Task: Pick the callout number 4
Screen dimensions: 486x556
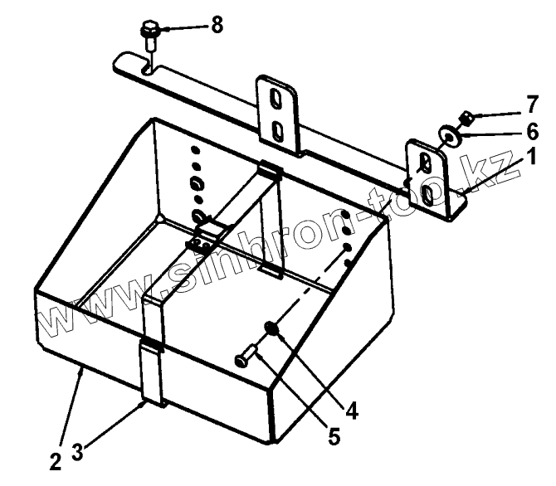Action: [353, 409]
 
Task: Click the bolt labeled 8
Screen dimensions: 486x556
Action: [150, 35]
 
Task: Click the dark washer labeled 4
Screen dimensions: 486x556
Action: [272, 329]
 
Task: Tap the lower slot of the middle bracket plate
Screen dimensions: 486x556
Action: [280, 131]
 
